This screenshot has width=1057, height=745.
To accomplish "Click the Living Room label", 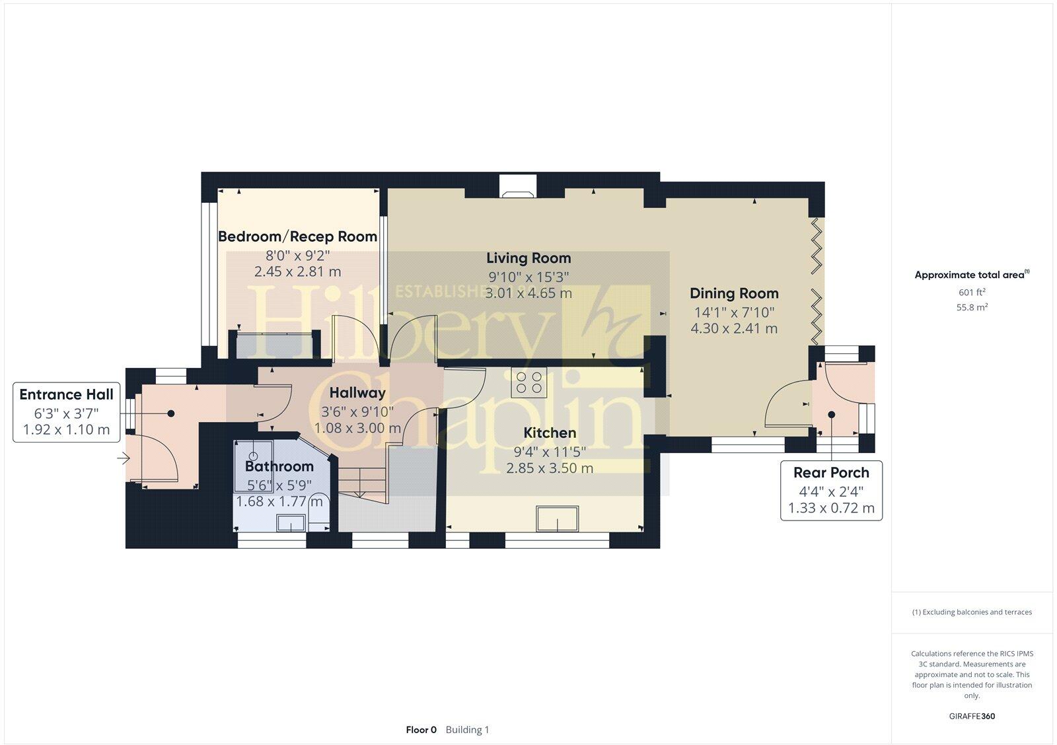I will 528,258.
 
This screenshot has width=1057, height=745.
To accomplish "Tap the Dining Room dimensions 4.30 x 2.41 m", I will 734,328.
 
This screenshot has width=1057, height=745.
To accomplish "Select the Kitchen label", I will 550,433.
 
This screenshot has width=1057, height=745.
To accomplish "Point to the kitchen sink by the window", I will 557,518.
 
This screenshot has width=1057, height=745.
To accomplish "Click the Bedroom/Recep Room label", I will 297,236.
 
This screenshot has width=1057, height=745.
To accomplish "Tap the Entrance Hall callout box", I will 67,412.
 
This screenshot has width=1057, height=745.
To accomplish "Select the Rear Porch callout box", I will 831,491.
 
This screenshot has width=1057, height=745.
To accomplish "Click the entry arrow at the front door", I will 124,457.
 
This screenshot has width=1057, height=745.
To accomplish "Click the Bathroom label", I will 279,466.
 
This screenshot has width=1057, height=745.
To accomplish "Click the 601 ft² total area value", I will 972,292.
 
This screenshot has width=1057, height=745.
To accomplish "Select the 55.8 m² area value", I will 972,307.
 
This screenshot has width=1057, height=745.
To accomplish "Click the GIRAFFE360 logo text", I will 972,716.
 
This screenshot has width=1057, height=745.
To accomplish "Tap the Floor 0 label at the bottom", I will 421,730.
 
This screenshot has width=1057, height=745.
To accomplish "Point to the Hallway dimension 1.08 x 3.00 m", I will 357,428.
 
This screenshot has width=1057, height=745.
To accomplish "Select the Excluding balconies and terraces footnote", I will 972,612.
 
